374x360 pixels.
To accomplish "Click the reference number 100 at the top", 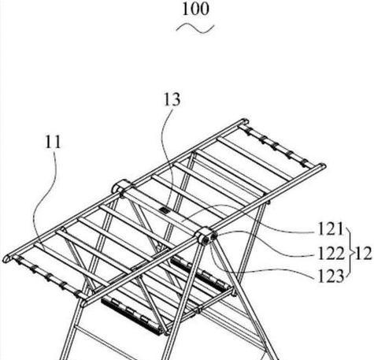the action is [196, 9].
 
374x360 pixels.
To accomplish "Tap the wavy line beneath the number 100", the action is [195, 28].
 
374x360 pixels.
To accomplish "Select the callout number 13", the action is [172, 100].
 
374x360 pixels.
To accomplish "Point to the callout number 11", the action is [53, 142].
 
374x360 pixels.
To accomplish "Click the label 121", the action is [331, 229].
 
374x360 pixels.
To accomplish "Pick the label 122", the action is [331, 254].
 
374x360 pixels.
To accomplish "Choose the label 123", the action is [331, 276].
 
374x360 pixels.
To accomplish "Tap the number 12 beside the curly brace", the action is [363, 254].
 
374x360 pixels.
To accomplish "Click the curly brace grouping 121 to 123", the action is [350, 253].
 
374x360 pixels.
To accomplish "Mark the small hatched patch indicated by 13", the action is [165, 210].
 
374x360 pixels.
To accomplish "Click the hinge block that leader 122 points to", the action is [207, 236].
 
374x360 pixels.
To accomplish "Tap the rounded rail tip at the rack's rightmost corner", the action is [322, 166].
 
